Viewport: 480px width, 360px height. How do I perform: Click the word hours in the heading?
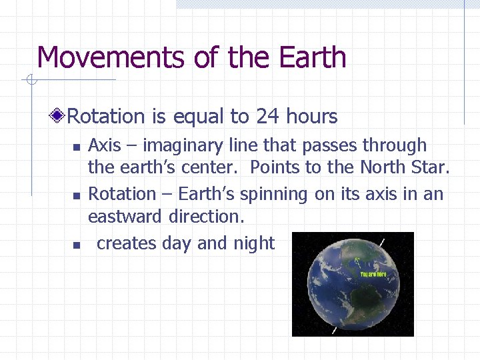tap(311, 117)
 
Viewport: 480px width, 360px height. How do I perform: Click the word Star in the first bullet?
tap(431, 168)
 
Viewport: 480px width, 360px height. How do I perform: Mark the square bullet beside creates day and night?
tap(77, 245)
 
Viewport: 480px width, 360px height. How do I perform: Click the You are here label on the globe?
tap(373, 274)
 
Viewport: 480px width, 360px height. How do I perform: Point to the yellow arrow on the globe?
tap(359, 261)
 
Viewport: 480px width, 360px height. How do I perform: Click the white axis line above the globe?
tap(382, 241)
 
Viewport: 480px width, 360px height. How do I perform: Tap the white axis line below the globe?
tap(334, 329)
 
